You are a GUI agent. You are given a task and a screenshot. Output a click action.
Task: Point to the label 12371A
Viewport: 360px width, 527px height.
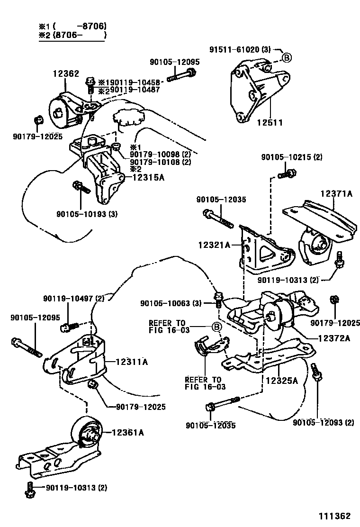pyautogui.click(x=336, y=193)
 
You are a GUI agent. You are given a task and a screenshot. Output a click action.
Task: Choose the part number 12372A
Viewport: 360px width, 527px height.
pyautogui.click(x=333, y=338)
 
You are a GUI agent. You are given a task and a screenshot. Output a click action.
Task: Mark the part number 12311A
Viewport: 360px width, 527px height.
pyautogui.click(x=131, y=362)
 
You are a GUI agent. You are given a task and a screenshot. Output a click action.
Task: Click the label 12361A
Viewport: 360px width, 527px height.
pyautogui.click(x=128, y=432)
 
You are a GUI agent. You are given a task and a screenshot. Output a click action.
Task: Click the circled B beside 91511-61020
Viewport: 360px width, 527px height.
pyautogui.click(x=287, y=58)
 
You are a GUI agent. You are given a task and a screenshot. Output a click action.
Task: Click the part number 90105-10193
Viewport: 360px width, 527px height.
pyautogui.click(x=81, y=214)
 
